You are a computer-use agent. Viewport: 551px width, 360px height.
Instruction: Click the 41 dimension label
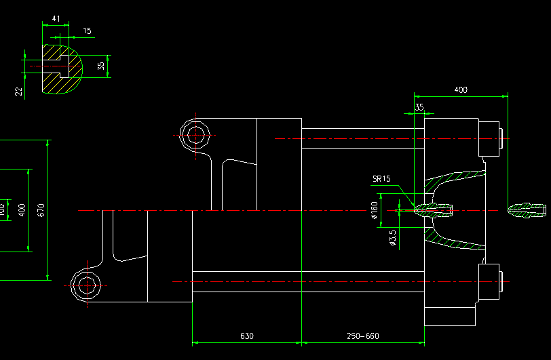[x=56, y=19]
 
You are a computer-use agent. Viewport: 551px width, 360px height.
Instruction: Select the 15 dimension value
[x=88, y=31]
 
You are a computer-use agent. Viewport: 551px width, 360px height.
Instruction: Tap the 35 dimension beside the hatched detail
[x=101, y=66]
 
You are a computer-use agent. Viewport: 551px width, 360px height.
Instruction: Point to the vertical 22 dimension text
[x=19, y=91]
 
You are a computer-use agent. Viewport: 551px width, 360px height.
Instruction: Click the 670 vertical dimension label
[x=41, y=210]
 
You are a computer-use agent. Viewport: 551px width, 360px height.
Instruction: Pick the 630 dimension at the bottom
[x=247, y=336]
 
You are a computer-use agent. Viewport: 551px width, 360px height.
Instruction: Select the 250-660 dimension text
[x=363, y=336]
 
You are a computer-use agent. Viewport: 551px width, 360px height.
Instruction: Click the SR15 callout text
[x=381, y=180]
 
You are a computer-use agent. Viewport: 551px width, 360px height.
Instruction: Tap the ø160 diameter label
[x=375, y=211]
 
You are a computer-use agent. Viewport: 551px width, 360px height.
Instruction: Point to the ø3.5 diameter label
[x=392, y=237]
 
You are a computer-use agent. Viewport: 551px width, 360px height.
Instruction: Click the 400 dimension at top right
[x=461, y=89]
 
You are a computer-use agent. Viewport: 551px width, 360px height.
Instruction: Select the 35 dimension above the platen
[x=419, y=107]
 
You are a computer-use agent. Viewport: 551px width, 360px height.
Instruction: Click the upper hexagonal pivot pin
[x=195, y=134]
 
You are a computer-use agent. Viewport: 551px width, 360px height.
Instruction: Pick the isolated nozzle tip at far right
[x=527, y=211]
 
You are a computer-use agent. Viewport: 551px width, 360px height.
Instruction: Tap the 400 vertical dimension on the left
[x=22, y=210]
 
